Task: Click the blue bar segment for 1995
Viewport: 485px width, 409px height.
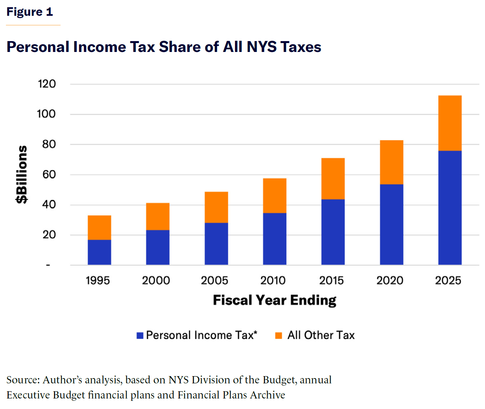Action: pyautogui.click(x=99, y=252)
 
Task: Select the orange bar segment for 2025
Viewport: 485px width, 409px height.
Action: pyautogui.click(x=450, y=123)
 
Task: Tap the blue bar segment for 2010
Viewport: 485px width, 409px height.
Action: pyautogui.click(x=275, y=239)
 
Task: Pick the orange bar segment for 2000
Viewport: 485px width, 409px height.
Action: pyautogui.click(x=158, y=216)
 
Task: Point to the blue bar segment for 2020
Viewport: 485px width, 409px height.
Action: pyautogui.click(x=392, y=224)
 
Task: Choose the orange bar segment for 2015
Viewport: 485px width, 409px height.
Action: pyautogui.click(x=333, y=179)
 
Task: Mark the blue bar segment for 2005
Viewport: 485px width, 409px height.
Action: pyautogui.click(x=216, y=244)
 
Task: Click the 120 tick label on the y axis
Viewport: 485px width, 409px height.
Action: pyautogui.click(x=47, y=84)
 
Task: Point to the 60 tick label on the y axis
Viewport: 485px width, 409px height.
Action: pyautogui.click(x=49, y=175)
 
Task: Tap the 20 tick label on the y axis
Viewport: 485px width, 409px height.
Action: pyautogui.click(x=49, y=235)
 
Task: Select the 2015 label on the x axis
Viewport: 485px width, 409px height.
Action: pyautogui.click(x=331, y=280)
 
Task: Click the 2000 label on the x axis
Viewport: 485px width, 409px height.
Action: pyautogui.click(x=156, y=280)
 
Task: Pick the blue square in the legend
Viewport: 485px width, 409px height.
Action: pyautogui.click(x=140, y=336)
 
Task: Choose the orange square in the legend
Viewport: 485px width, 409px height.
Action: pyautogui.click(x=278, y=336)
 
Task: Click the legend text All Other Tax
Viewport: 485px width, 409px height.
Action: pyautogui.click(x=321, y=335)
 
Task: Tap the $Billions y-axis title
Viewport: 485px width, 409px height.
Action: pyautogui.click(x=22, y=175)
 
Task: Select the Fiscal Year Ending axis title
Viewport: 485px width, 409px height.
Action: pyautogui.click(x=275, y=300)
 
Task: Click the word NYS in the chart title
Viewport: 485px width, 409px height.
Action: pyautogui.click(x=262, y=47)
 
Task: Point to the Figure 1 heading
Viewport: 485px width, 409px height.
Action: pyautogui.click(x=30, y=12)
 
